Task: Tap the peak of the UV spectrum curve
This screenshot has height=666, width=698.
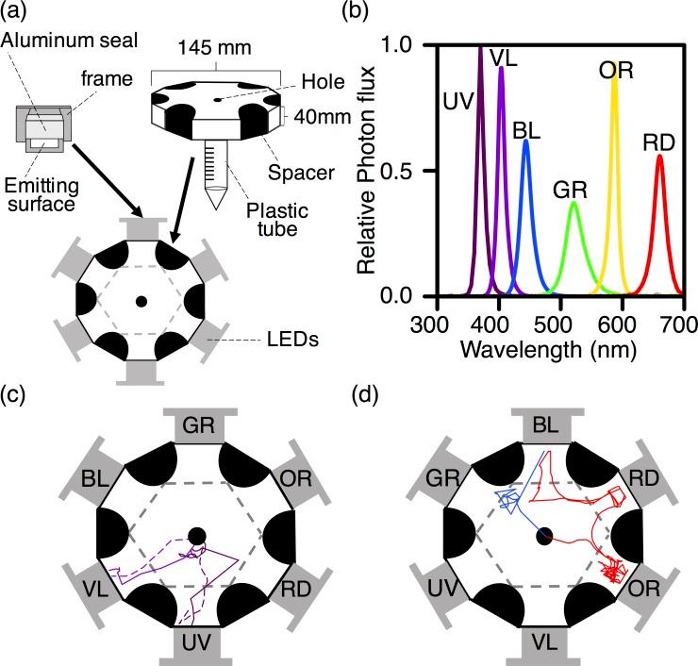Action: click(x=481, y=47)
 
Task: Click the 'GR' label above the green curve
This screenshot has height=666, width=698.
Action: click(x=572, y=190)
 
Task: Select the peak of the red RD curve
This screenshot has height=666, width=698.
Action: click(x=659, y=156)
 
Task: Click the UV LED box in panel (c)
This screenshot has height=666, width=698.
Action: click(x=199, y=644)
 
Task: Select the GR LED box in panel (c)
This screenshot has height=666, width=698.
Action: click(x=198, y=425)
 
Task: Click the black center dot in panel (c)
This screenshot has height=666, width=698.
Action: click(x=196, y=537)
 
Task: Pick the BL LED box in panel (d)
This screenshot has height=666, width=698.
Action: click(x=544, y=425)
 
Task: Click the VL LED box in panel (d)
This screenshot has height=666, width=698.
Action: click(x=544, y=645)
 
